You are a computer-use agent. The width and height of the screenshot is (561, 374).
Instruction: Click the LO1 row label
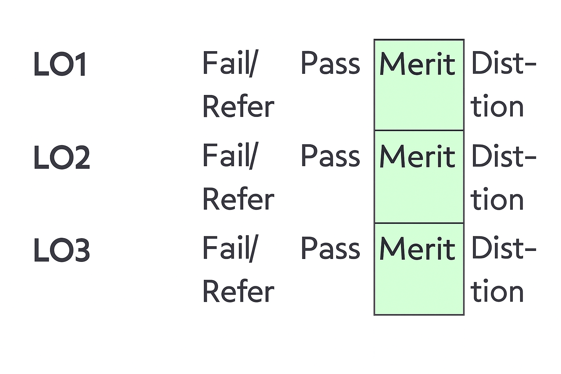(x=60, y=64)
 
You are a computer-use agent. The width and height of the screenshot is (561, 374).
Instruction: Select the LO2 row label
(x=61, y=157)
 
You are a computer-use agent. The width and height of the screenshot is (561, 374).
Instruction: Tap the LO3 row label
(x=61, y=250)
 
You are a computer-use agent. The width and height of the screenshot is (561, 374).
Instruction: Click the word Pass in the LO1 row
(x=330, y=64)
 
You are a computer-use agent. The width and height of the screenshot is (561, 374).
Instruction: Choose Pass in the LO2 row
(x=330, y=156)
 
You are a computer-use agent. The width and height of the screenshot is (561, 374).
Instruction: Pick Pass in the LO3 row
(x=330, y=249)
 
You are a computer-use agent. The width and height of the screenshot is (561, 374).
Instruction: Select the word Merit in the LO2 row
(x=417, y=157)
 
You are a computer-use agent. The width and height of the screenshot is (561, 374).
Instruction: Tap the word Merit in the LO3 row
(x=417, y=249)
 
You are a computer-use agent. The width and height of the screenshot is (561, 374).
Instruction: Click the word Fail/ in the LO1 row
(x=230, y=63)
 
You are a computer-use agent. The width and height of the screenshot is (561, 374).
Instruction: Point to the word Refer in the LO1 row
(x=238, y=107)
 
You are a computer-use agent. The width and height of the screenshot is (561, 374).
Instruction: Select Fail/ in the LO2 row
(x=230, y=156)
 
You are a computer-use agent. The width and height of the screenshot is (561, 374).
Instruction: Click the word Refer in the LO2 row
(x=238, y=199)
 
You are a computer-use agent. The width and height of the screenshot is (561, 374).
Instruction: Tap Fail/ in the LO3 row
(x=230, y=248)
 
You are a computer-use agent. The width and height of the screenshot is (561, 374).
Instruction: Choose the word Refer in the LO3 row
(x=238, y=291)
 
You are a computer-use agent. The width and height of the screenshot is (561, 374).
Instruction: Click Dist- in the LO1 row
(x=504, y=63)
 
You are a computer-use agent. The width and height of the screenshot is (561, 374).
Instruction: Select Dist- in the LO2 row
(x=504, y=156)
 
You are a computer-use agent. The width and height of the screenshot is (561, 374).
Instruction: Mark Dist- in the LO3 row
(x=504, y=248)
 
